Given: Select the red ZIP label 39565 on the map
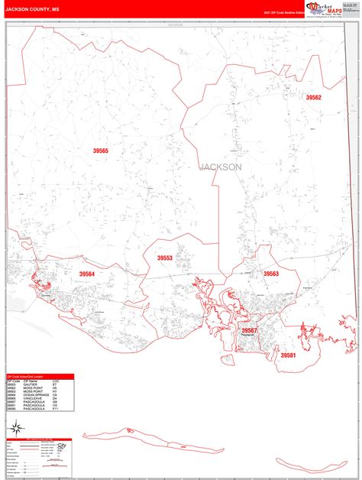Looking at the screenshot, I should [101, 151].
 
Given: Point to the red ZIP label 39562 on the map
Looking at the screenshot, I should [314, 98].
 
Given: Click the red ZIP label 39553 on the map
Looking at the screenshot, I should [165, 258].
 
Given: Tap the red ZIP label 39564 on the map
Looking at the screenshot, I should [87, 274].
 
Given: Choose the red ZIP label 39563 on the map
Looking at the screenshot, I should [271, 274].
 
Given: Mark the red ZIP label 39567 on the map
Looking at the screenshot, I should [250, 330].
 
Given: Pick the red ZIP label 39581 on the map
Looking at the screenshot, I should [287, 355].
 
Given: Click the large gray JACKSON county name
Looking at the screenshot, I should [221, 167].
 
